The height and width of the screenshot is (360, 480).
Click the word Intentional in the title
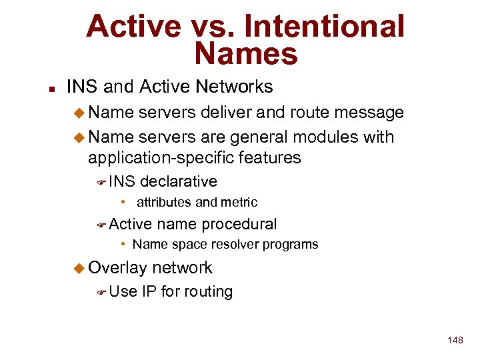(x=324, y=26)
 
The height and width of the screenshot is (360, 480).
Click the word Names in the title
(x=246, y=54)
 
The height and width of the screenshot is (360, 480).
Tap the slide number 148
(x=455, y=340)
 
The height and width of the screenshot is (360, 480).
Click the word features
(x=272, y=158)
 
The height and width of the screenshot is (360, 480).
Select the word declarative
(x=179, y=181)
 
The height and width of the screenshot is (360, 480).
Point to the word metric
(x=240, y=202)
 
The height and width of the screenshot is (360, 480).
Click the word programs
(x=291, y=245)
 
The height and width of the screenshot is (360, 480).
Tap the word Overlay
(x=117, y=268)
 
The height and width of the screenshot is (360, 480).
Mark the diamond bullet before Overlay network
(x=79, y=268)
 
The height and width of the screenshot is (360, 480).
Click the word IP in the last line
(x=149, y=291)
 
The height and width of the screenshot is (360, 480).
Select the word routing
(x=209, y=292)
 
